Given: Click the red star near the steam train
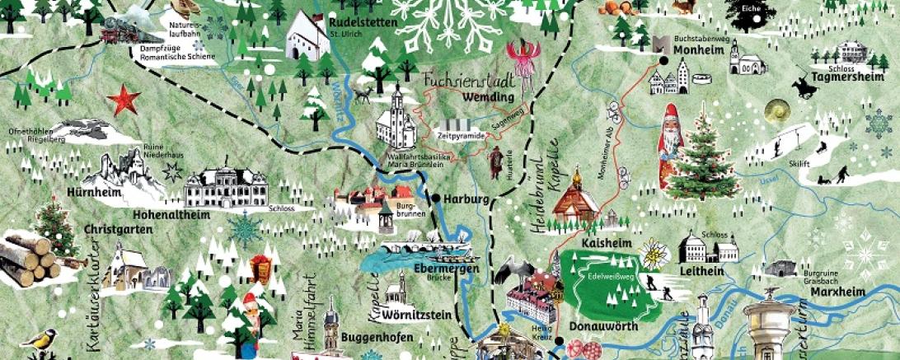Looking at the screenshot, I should click(x=124, y=101).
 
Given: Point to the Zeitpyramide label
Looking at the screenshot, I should click(x=460, y=134).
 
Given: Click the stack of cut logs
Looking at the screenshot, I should click(x=30, y=258).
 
